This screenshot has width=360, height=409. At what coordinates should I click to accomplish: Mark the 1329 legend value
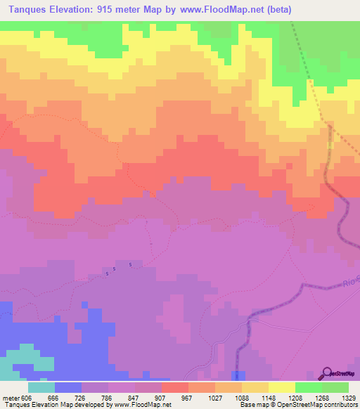click(x=349, y=397)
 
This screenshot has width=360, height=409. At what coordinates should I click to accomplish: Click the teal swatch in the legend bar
click(x=41, y=387)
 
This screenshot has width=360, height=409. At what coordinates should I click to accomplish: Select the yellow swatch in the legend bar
click(x=282, y=387)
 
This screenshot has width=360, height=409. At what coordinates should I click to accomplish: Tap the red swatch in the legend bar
click(x=175, y=387)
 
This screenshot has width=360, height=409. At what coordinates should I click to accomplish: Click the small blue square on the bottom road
click(x=239, y=375)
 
